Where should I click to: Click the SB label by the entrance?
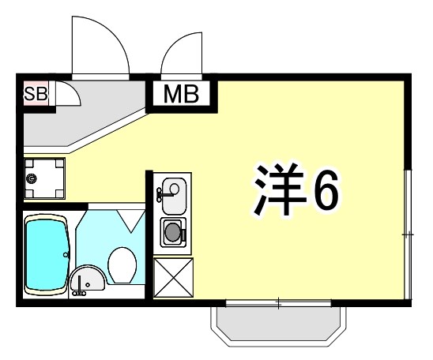36,95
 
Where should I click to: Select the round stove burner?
172,232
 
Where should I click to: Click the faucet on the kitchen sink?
164,191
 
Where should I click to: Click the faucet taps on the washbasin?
79,291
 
